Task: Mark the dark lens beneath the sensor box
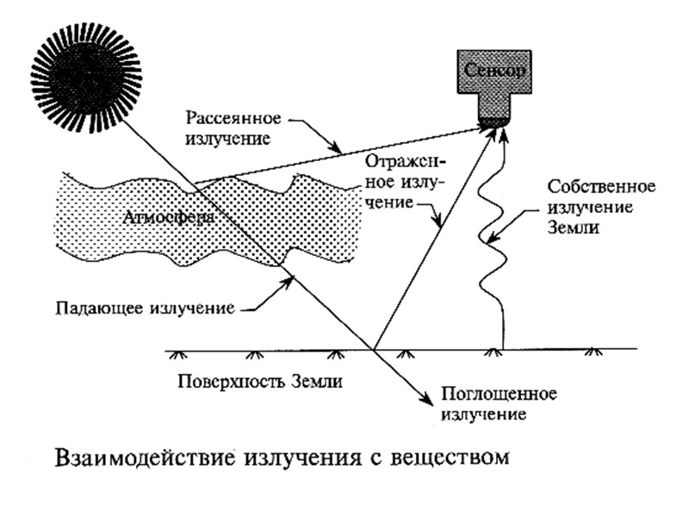pyautogui.click(x=493, y=122)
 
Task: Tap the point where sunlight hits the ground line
pyautogui.click(x=375, y=349)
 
